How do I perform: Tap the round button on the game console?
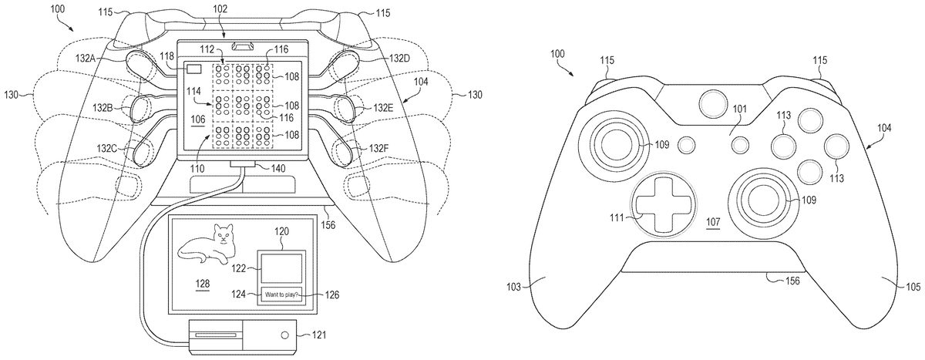coord(285,336)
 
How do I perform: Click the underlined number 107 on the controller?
coord(714,223)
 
